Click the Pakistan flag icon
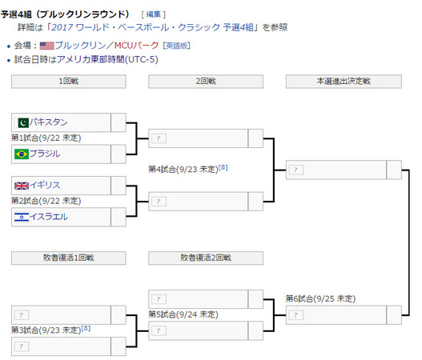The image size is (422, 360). click(23, 123)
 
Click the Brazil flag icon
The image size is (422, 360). click(22, 154)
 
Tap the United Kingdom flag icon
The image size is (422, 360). click(22, 186)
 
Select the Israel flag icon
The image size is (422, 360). click(22, 217)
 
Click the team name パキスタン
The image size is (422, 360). click(48, 122)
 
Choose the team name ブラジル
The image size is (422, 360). click(45, 154)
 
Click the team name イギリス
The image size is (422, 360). click(45, 185)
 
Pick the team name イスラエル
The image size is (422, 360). click(48, 217)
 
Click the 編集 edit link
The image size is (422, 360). click(154, 14)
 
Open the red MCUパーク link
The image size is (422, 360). click(136, 45)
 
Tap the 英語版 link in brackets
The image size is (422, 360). click(176, 46)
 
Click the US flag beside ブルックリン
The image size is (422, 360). click(46, 46)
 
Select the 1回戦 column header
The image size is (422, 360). click(69, 81)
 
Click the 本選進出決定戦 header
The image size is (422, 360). click(344, 81)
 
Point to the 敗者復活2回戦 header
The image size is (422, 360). click(206, 258)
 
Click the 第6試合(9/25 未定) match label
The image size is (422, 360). click(320, 298)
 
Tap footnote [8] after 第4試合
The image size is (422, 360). click(223, 167)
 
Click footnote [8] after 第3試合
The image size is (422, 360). click(86, 328)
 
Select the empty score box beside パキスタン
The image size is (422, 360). click(119, 122)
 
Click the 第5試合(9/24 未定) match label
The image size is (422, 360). click(183, 314)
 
